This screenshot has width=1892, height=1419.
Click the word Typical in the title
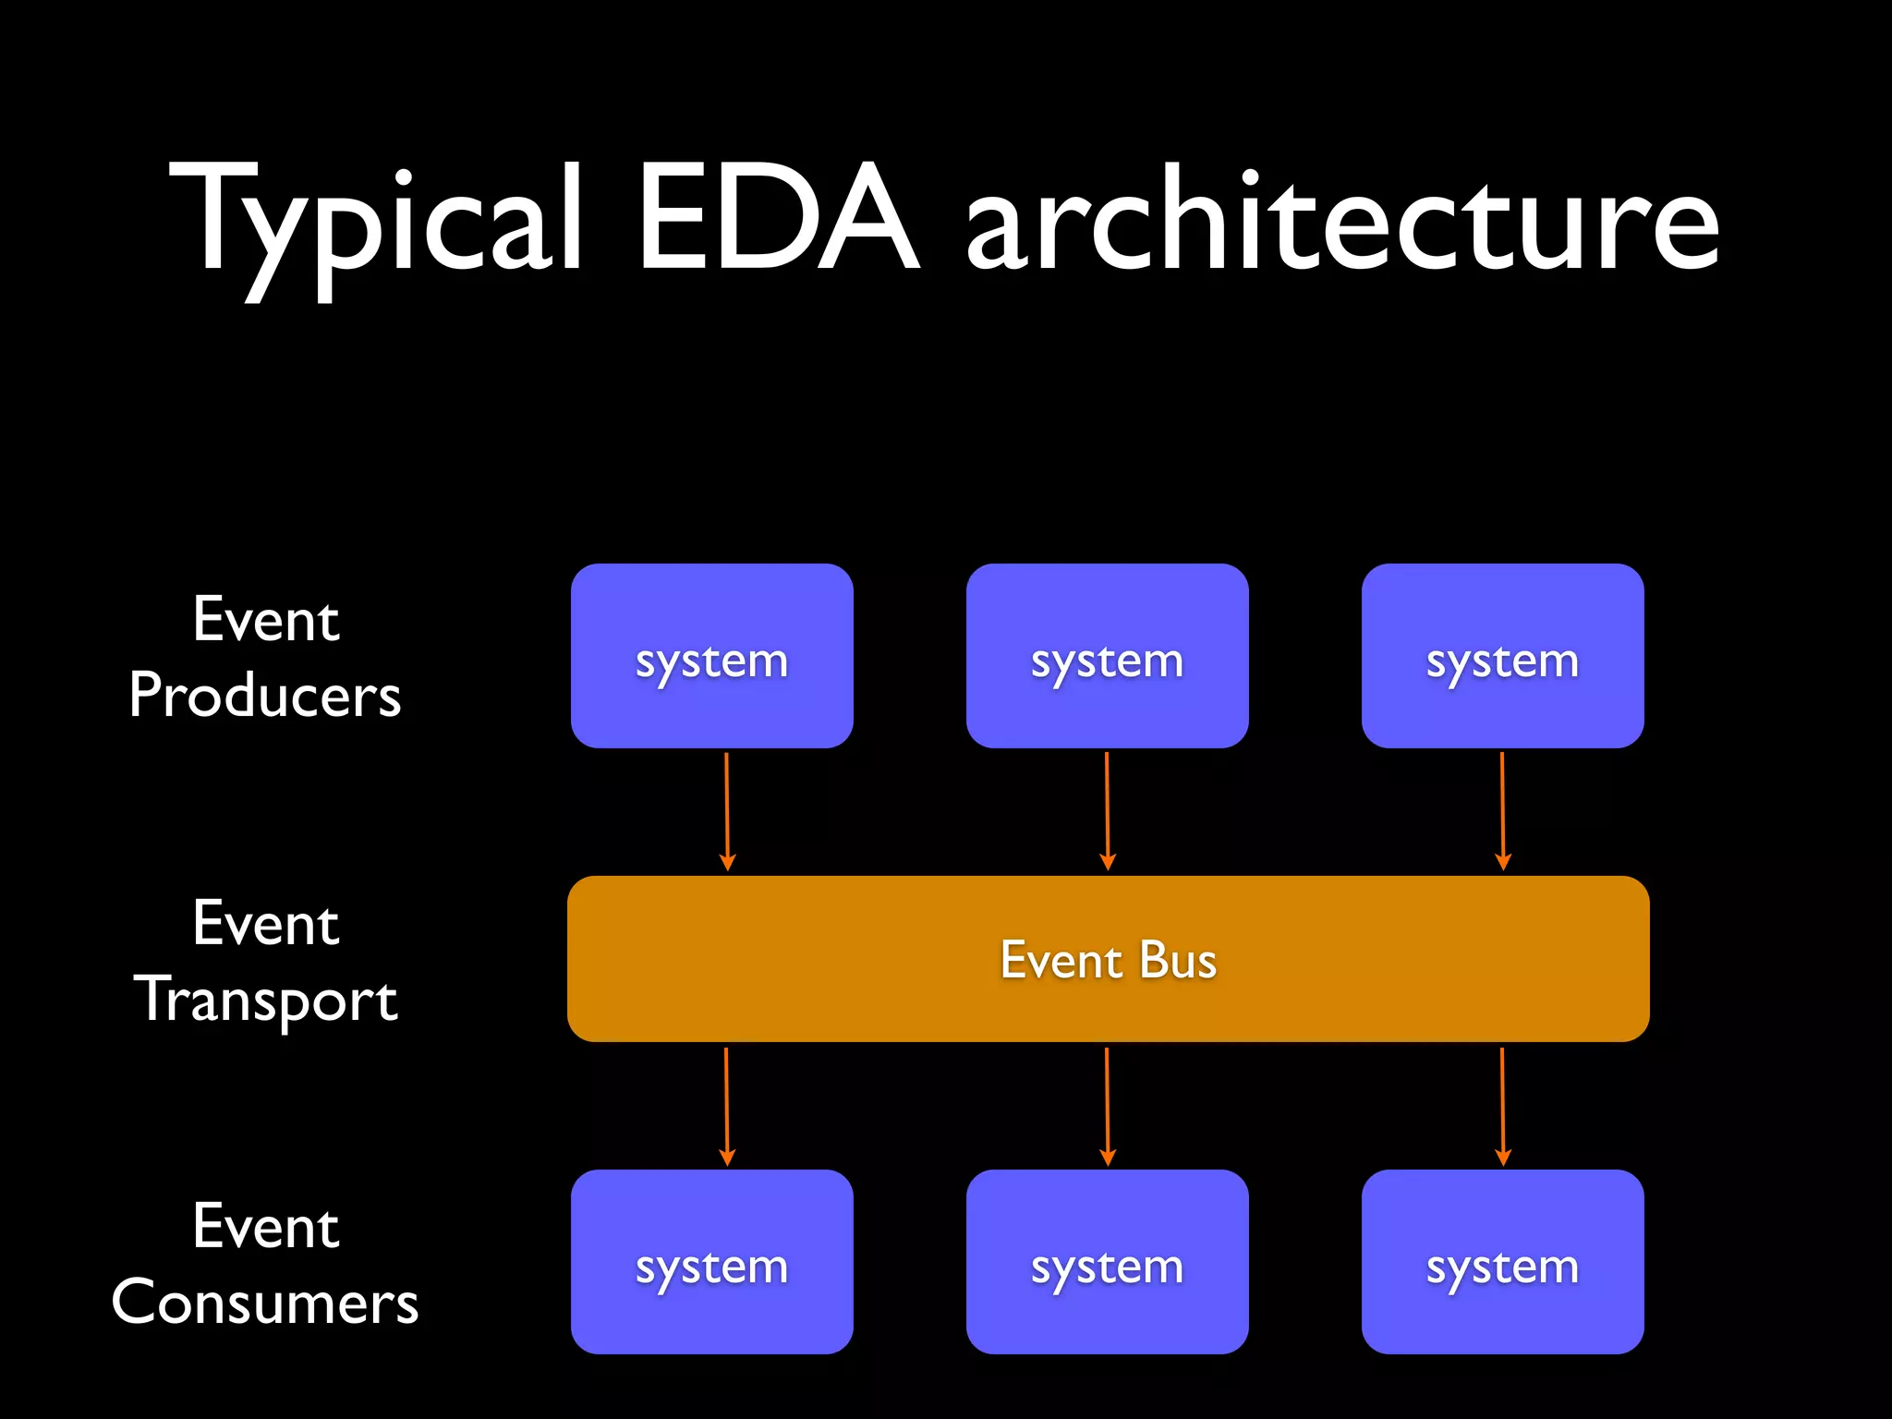(374, 222)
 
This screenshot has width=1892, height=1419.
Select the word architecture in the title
(1341, 222)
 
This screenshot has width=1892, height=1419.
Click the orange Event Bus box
(1108, 959)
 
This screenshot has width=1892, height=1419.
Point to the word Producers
(265, 695)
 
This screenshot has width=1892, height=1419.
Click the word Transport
(266, 1000)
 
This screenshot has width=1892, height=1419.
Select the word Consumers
(265, 1303)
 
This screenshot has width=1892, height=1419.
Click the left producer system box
(711, 656)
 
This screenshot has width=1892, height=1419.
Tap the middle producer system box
(1107, 656)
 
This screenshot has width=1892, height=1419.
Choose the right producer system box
(1502, 656)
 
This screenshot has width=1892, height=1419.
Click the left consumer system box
(711, 1262)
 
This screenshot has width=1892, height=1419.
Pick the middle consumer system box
(1107, 1262)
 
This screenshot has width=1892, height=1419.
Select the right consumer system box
(1502, 1262)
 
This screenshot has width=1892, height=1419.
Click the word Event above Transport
(266, 923)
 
